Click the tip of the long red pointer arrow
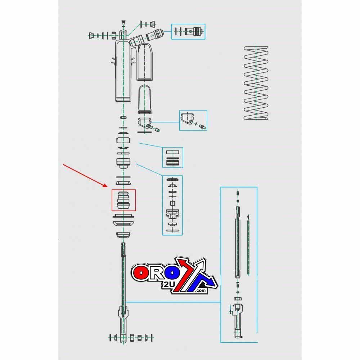pos(107,186)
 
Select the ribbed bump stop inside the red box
pos(123,200)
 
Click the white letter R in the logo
pos(157,273)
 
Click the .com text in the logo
pos(200,291)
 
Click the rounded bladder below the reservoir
pos(146,99)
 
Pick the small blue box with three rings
pos(172,157)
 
